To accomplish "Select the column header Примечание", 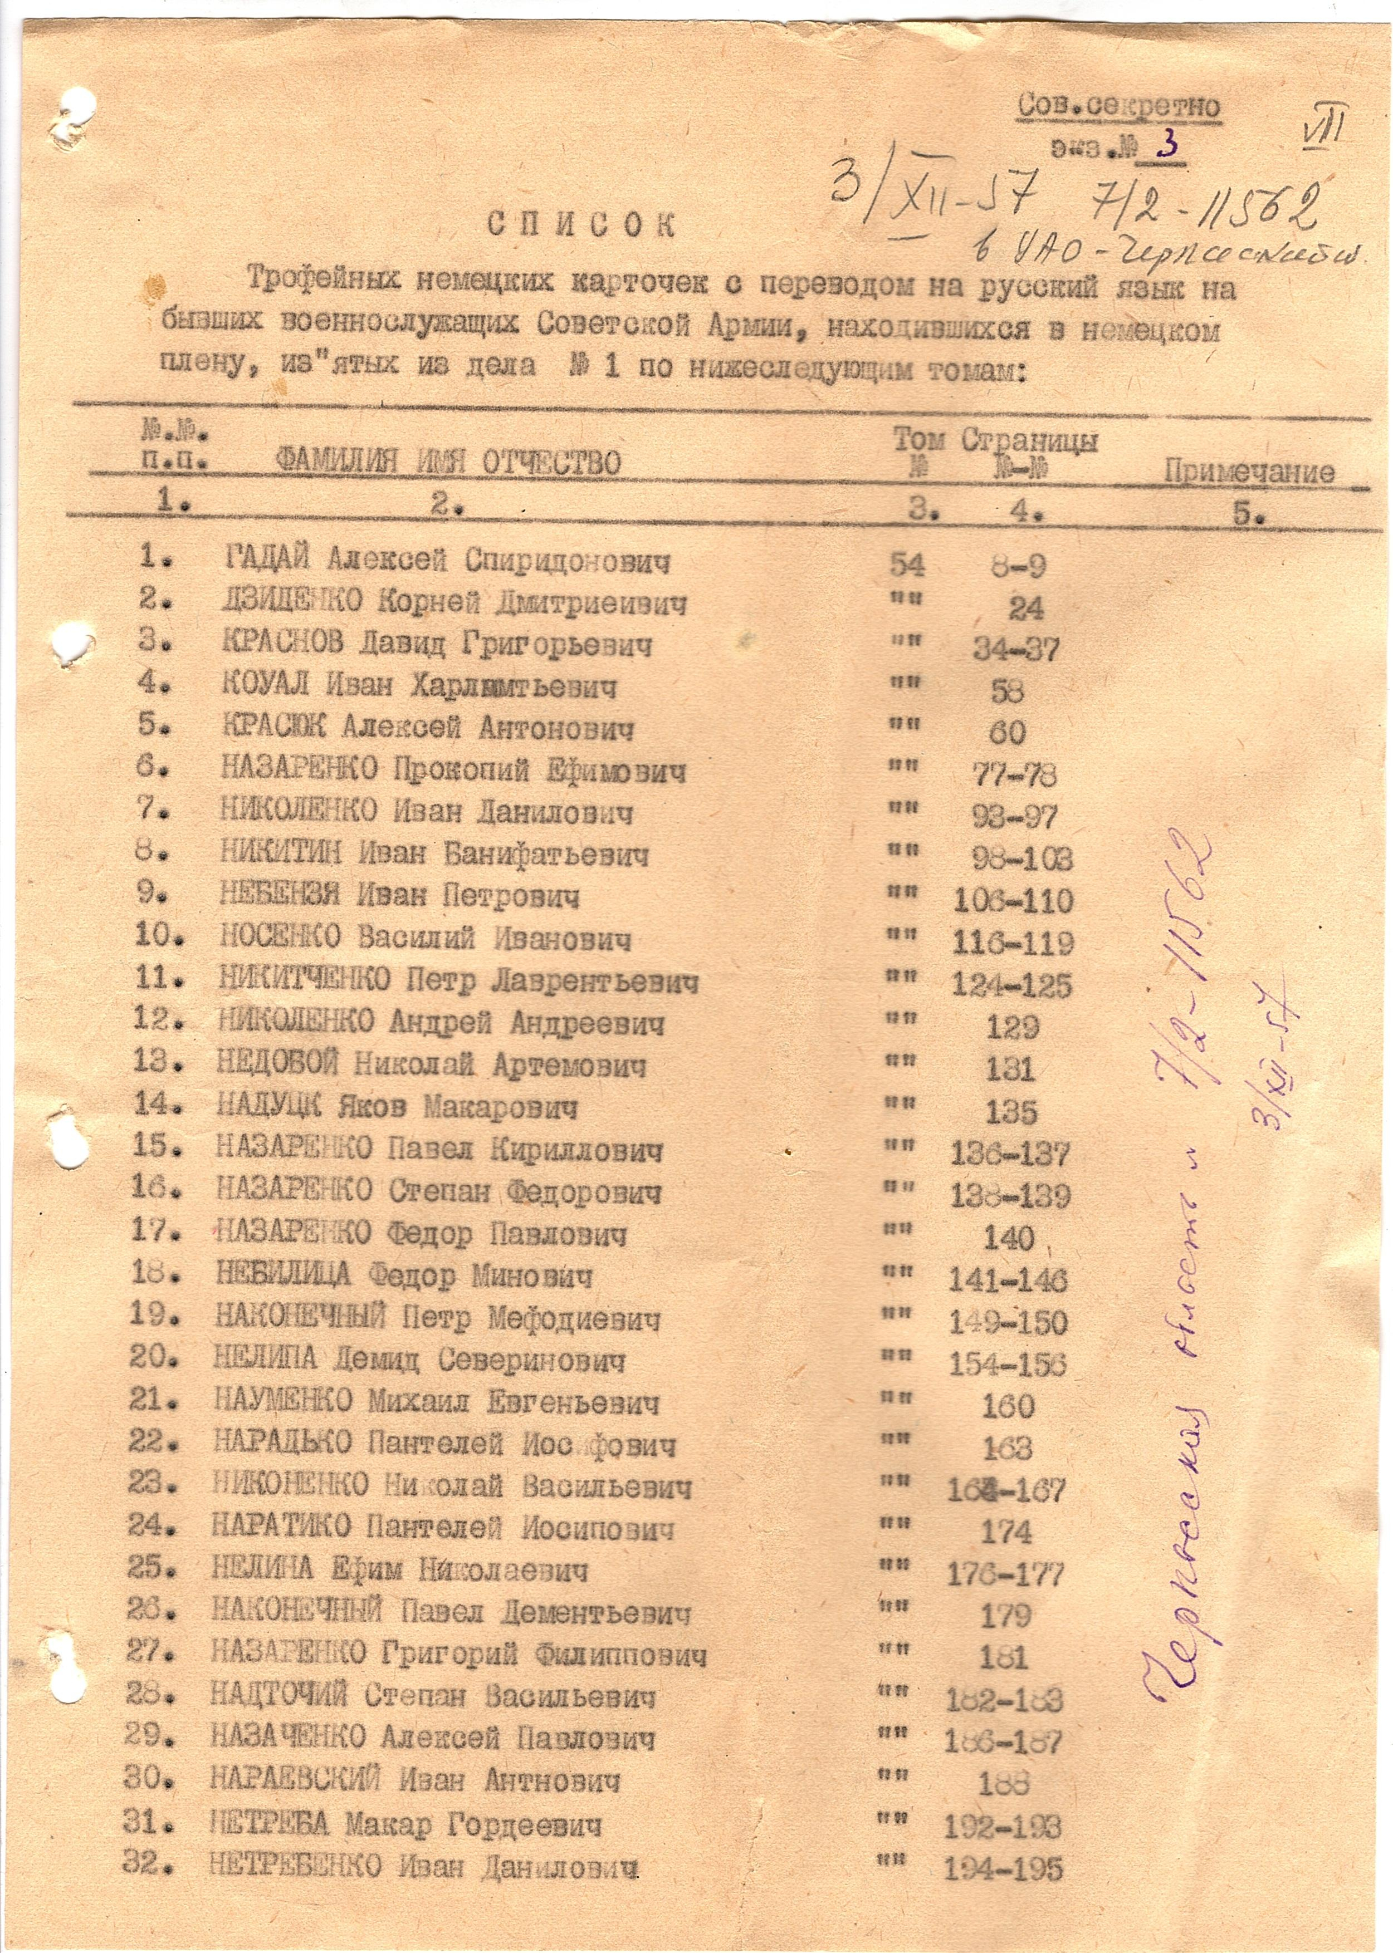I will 1248,473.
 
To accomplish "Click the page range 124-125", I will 1011,985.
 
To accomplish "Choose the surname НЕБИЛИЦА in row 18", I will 283,1275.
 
